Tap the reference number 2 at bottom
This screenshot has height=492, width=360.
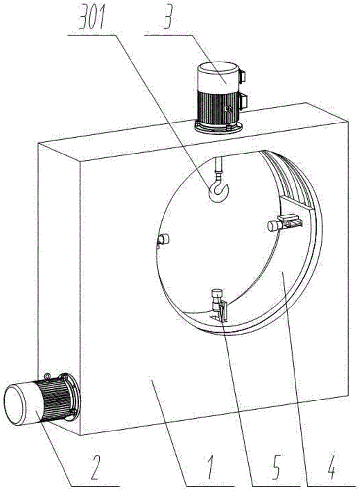click(x=98, y=467)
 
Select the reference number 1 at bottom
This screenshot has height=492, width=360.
click(x=210, y=467)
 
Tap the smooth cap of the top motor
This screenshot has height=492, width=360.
click(x=217, y=76)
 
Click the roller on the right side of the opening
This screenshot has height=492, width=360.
click(x=274, y=225)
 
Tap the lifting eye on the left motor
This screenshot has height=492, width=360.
click(x=47, y=377)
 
